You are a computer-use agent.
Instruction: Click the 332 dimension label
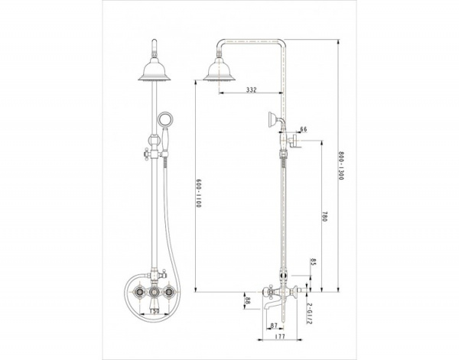251,89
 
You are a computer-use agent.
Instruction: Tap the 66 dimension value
303,129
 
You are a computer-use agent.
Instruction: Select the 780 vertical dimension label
324,216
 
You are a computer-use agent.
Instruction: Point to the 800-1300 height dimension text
340,166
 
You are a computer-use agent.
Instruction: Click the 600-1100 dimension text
199,193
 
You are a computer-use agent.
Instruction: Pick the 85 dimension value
313,261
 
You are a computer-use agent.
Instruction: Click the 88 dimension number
247,300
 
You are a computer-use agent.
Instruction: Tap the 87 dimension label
274,325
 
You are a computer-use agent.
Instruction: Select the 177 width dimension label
280,336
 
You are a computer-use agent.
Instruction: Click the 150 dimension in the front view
155,311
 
